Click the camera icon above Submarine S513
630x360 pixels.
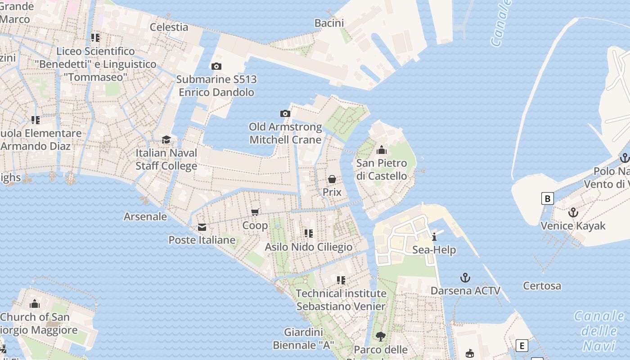tap(216, 67)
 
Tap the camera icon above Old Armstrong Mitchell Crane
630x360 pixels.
tap(285, 113)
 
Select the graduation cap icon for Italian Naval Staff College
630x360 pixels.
tap(166, 139)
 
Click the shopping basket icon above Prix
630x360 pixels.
tap(332, 179)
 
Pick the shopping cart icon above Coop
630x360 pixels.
tap(255, 212)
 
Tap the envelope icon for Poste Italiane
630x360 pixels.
tap(202, 227)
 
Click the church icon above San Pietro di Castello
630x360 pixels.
tap(382, 150)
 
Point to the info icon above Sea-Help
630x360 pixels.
tap(434, 237)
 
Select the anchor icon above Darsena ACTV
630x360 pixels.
tap(465, 277)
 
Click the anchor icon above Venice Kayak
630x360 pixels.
tap(573, 212)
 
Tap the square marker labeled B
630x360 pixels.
tap(547, 198)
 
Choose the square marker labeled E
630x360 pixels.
tap(522, 346)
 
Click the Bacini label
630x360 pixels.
tap(329, 23)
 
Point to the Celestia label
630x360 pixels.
tap(169, 27)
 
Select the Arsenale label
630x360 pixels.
tap(145, 216)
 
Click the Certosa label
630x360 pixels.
tap(542, 286)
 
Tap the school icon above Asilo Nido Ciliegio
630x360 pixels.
tap(309, 233)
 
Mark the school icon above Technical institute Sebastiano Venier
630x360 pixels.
tap(341, 280)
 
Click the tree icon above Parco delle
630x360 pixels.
tap(381, 336)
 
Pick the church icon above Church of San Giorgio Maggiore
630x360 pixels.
tap(35, 304)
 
